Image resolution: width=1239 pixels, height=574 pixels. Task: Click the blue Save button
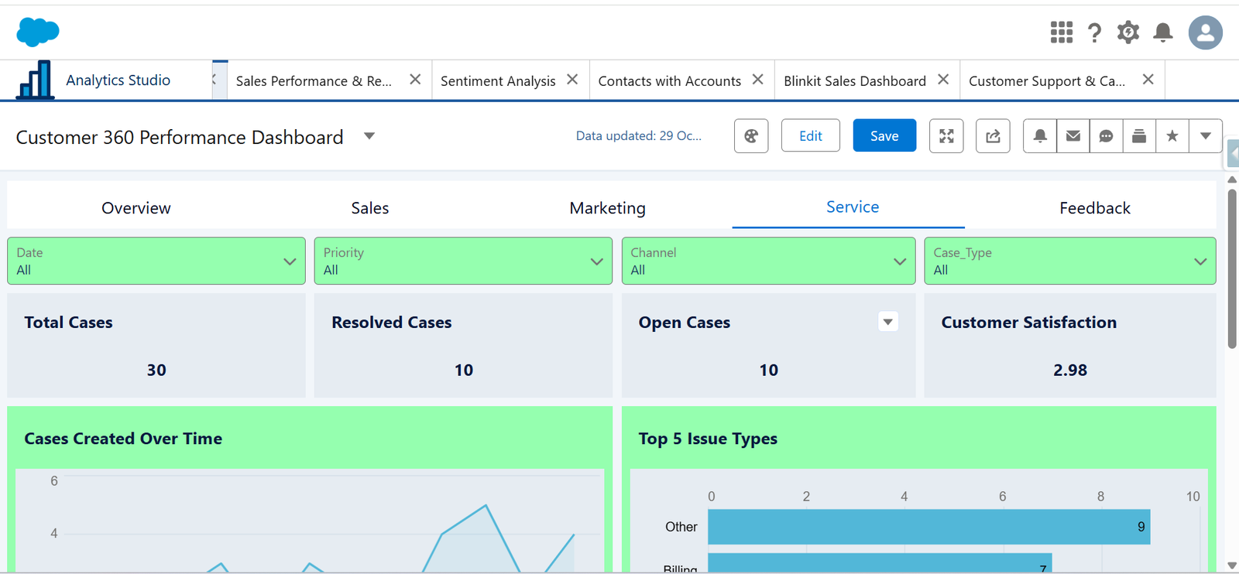pos(884,136)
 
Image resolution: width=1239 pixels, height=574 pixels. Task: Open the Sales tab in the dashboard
pos(369,208)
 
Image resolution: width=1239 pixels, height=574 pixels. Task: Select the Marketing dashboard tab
pos(607,208)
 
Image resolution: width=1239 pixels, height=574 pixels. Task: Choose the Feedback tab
pos(1094,208)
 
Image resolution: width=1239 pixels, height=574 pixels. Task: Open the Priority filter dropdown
pos(463,261)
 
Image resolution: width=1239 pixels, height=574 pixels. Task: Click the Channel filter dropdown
pos(768,261)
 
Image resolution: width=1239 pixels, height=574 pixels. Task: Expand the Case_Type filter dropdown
pos(1069,261)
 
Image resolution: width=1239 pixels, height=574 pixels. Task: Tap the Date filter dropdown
pos(156,261)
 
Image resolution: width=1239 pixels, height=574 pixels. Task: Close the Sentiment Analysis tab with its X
pos(572,80)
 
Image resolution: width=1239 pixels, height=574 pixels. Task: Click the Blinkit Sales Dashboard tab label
pos(854,81)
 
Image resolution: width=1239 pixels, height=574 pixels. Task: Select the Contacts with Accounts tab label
pos(669,81)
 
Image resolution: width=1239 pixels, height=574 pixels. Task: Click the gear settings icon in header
pos(1127,32)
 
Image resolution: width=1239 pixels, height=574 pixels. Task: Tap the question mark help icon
pos(1094,32)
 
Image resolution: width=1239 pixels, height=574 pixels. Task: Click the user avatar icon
pos(1205,32)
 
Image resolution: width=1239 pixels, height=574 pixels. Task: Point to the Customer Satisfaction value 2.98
pos(1069,371)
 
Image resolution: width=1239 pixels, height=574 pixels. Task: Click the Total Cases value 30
pos(156,371)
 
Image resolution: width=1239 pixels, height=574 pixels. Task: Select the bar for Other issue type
pos(928,527)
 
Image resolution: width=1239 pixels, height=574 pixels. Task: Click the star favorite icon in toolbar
pos(1172,136)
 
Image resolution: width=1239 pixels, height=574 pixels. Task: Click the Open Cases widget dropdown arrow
pos(888,322)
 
